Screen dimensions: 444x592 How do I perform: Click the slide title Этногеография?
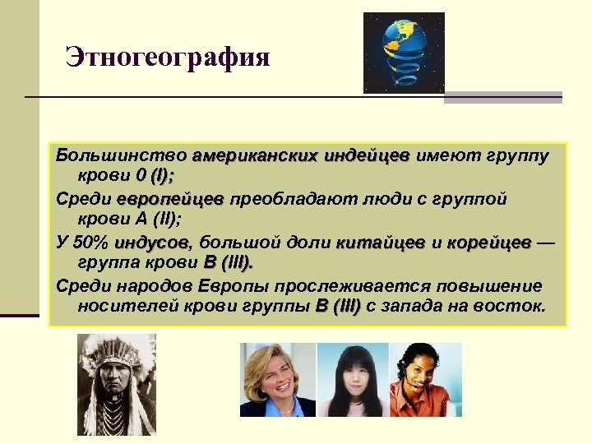(x=168, y=58)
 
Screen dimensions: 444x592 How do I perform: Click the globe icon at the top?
(x=403, y=52)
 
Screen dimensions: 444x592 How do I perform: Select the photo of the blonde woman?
(x=277, y=380)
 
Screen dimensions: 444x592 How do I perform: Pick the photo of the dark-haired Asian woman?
(x=353, y=380)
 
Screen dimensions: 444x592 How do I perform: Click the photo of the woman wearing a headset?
(x=425, y=380)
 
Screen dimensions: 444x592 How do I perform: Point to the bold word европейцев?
(x=169, y=198)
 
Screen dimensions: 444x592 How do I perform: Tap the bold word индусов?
(x=152, y=243)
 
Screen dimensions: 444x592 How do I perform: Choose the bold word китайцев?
(x=381, y=243)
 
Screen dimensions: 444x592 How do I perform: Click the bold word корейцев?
(x=489, y=243)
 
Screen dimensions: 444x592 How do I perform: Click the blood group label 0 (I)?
(x=161, y=176)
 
